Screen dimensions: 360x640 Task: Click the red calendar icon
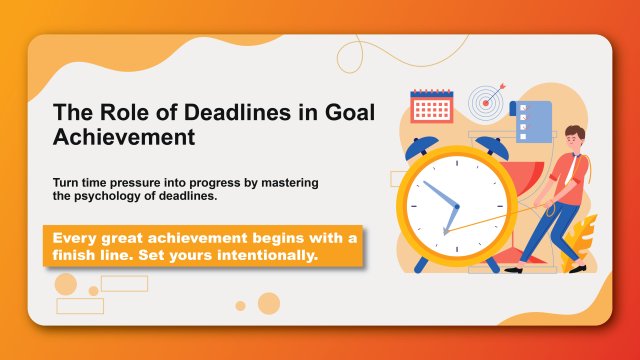point(431,104)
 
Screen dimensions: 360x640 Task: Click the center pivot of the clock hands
point(458,207)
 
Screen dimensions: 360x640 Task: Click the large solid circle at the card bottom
point(268,303)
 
